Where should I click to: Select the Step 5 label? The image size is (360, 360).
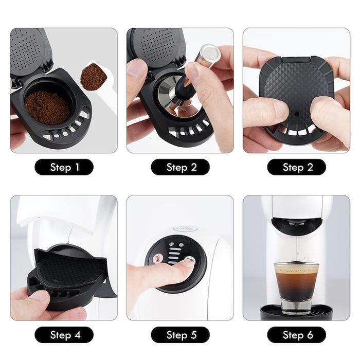point(181,335)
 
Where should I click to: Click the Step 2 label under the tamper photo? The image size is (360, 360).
point(181,167)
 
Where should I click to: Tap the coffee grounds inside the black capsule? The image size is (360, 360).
point(47,107)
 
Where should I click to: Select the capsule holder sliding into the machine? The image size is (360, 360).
point(67,273)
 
